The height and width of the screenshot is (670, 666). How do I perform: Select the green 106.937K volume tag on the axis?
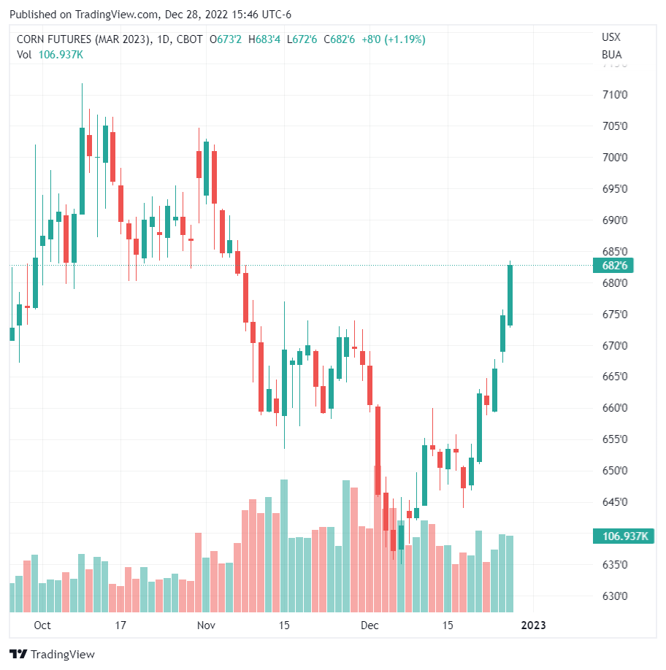[x=625, y=536]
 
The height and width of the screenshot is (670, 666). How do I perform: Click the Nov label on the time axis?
[x=206, y=625]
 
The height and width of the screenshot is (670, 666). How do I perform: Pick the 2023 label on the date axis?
[x=533, y=625]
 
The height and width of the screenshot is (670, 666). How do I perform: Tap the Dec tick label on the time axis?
[x=370, y=625]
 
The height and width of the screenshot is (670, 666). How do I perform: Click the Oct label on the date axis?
[x=42, y=625]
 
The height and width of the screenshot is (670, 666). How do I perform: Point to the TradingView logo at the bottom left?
[x=52, y=654]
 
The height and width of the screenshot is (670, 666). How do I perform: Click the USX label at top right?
[x=611, y=37]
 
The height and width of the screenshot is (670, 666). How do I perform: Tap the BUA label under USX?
[x=611, y=54]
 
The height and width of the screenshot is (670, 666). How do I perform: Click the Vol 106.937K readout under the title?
[x=50, y=54]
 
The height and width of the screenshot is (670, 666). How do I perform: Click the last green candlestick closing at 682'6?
[x=510, y=295]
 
